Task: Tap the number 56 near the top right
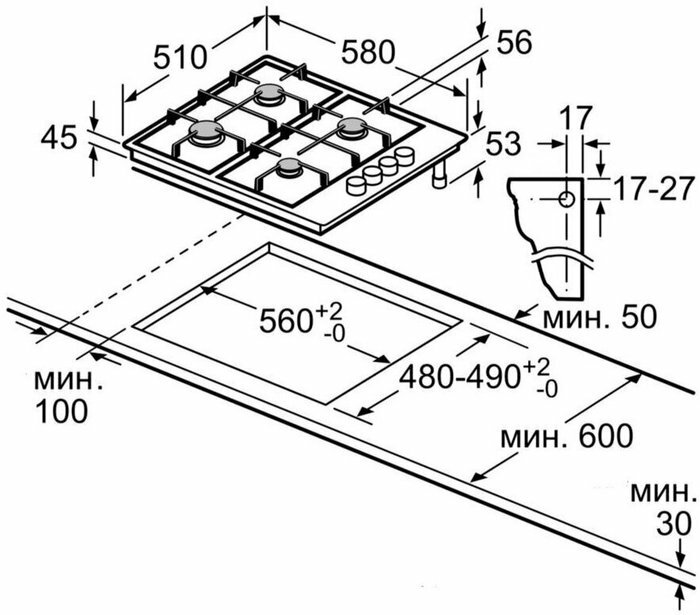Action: click(511, 42)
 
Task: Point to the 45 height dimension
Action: click(59, 137)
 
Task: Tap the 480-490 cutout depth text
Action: click(471, 376)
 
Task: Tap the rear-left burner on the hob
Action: click(270, 95)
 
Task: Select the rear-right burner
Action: click(352, 129)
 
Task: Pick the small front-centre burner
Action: click(290, 170)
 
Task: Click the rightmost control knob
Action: click(406, 156)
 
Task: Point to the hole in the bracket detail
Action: click(567, 198)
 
